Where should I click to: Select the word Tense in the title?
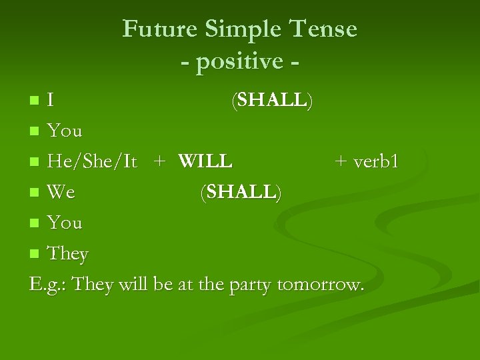point(325,29)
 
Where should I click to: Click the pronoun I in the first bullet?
point(51,101)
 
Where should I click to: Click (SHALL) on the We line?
point(241,193)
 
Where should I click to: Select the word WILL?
point(205,161)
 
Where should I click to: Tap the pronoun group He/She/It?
point(93,162)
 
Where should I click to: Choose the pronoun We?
point(62,193)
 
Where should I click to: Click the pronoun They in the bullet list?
point(68,254)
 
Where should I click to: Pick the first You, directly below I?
point(65,131)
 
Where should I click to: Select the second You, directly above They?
point(65,223)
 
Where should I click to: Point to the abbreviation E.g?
point(48,285)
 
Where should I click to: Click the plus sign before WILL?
point(159,162)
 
